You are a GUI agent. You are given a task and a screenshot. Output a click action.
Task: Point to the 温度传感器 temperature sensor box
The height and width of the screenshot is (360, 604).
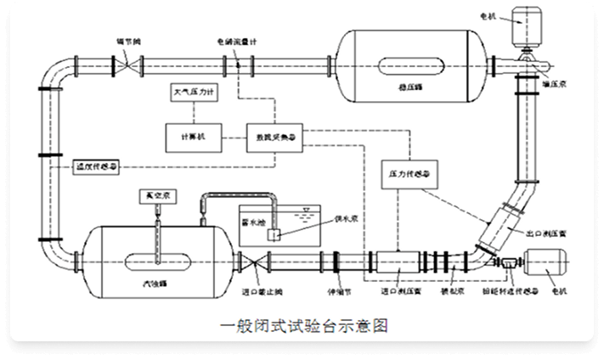[97, 166]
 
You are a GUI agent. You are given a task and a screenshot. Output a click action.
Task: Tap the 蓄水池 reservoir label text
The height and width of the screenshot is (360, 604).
[256, 217]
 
